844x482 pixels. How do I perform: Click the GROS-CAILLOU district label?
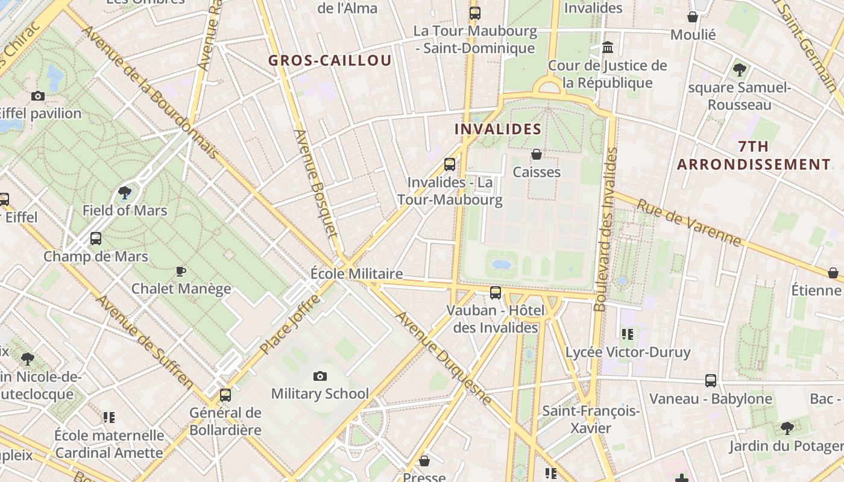330,60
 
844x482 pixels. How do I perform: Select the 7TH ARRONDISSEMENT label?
754,155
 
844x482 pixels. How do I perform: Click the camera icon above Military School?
320,377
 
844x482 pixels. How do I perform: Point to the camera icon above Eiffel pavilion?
38,96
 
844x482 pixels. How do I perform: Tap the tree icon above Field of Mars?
125,193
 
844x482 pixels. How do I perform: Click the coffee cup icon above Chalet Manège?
180,271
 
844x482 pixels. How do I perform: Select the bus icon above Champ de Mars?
96,239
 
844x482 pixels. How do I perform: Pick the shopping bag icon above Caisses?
537,155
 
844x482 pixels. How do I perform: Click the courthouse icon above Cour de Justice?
608,47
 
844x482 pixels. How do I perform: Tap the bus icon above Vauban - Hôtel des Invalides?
496,293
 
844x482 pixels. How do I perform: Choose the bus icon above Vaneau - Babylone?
711,381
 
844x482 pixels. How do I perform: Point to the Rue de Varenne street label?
688,222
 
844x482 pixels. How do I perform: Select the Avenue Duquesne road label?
443,357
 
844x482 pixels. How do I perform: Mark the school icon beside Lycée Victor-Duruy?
628,334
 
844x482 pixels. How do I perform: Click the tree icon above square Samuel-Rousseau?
740,70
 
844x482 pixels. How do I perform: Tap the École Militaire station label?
356,274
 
